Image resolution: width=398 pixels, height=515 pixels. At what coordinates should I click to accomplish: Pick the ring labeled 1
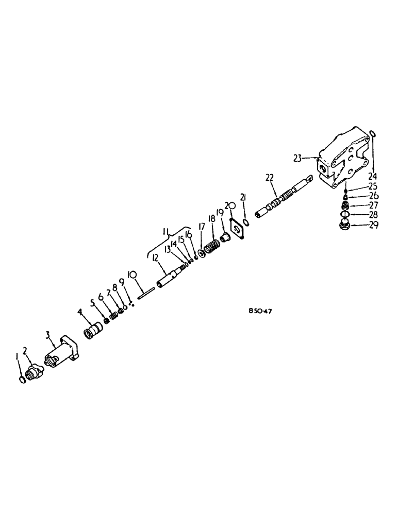tap(22, 380)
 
